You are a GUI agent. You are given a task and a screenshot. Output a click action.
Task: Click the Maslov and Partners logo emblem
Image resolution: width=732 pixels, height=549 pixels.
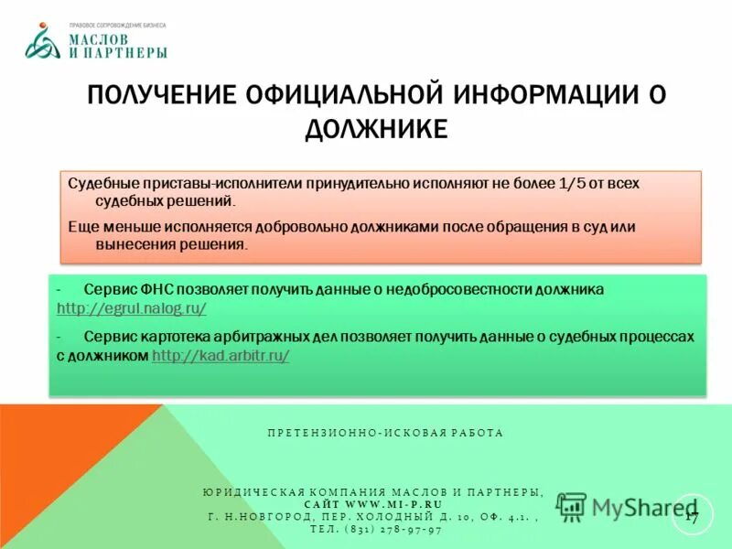(x=43, y=42)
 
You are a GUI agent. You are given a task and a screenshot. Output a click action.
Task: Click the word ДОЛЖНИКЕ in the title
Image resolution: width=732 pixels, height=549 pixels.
(x=376, y=129)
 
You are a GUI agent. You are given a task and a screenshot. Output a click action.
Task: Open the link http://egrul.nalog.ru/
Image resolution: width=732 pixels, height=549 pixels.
(x=132, y=308)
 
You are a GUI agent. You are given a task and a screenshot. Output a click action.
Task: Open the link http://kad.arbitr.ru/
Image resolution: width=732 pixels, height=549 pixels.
(x=221, y=356)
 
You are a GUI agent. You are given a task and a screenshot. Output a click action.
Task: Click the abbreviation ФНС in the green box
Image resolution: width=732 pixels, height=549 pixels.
(x=147, y=288)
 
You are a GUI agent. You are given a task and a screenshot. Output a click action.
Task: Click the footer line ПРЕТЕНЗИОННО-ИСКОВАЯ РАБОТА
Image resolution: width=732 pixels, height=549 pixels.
(x=385, y=433)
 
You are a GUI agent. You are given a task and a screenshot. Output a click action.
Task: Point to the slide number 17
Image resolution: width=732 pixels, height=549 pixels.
(x=691, y=518)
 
